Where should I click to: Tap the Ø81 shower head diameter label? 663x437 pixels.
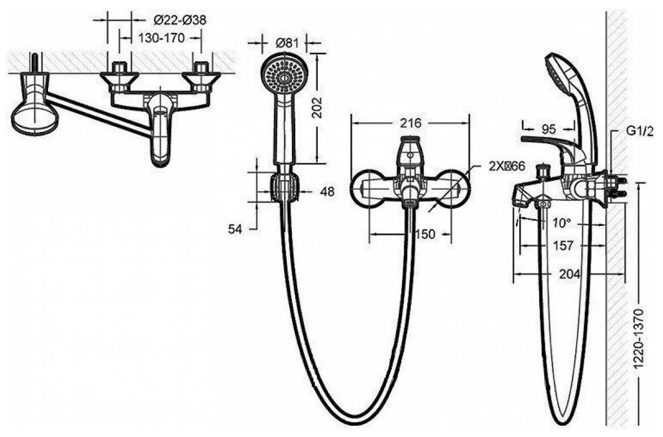coord(286,42)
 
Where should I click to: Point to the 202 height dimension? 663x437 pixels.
coord(317,108)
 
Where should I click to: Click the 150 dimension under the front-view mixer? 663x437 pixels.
coord(425,234)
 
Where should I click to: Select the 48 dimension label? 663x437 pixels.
coord(327,192)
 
